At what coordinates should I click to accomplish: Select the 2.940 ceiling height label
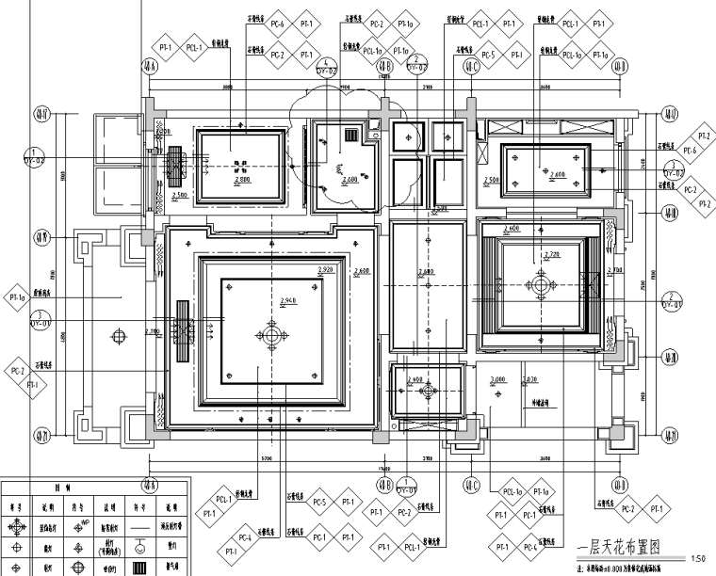click(290, 299)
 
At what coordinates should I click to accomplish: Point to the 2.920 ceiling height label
click(325, 269)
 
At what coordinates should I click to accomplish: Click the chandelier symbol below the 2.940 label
click(272, 334)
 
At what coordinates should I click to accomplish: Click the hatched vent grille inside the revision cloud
click(350, 136)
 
